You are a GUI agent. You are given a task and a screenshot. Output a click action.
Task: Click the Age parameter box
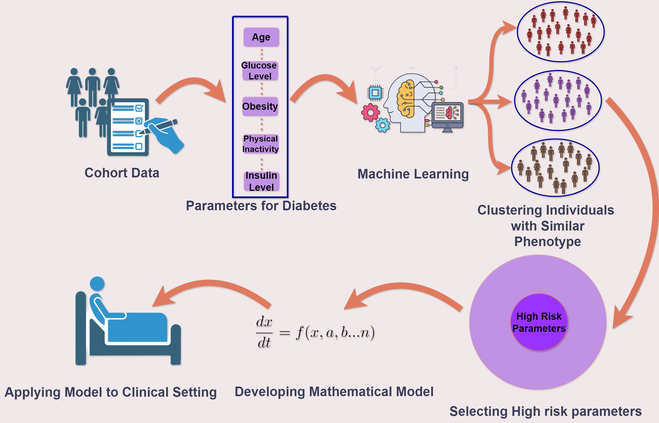(261, 37)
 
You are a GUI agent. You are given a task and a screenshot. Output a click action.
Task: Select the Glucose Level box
(260, 71)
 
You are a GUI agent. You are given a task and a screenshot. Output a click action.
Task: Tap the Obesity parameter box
(260, 106)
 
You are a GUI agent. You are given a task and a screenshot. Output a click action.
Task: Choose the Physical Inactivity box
(260, 144)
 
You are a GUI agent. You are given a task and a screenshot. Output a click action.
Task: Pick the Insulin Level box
(261, 181)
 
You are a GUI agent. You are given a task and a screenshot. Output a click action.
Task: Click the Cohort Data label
(122, 173)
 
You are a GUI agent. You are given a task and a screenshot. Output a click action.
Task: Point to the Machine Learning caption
(413, 174)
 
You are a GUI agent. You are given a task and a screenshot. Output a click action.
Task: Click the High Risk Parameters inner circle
(539, 322)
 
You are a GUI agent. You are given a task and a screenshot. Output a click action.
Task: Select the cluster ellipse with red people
(560, 31)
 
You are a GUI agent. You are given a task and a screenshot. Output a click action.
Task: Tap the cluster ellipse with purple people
(558, 100)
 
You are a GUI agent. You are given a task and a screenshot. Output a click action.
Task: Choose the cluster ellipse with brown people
(555, 168)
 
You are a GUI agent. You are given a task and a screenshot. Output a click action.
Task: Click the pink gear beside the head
(370, 112)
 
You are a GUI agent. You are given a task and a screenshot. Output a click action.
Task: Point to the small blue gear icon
(382, 125)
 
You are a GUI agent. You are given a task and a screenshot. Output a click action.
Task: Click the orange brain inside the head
(405, 99)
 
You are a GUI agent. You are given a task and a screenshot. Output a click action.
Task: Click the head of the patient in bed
(97, 283)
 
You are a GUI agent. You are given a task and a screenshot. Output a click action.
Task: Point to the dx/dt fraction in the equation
(264, 332)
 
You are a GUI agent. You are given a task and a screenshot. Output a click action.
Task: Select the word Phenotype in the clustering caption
(547, 242)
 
